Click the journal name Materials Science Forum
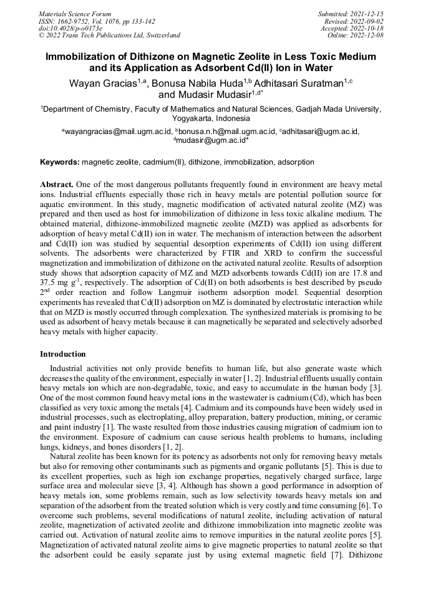pyautogui.click(x=75, y=14)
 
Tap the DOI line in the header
pyautogui.click(x=70, y=28)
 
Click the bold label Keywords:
pyautogui.click(x=60, y=162)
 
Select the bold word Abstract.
pyautogui.click(x=57, y=185)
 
